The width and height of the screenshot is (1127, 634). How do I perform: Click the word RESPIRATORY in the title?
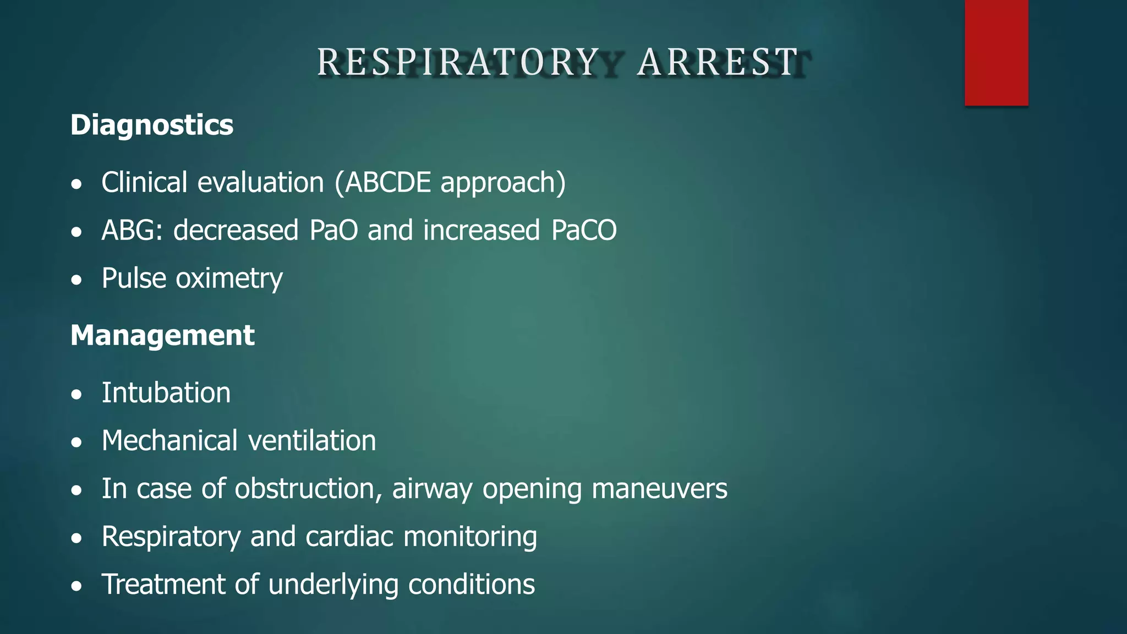[458, 62]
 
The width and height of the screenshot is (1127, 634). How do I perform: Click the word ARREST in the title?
[718, 62]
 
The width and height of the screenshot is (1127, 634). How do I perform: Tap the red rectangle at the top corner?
[996, 52]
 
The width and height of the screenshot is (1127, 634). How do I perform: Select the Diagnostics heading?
[152, 125]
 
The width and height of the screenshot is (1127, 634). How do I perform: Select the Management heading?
[162, 335]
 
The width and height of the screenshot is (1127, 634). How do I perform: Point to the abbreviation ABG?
[132, 230]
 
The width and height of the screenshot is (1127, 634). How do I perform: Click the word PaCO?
[584, 230]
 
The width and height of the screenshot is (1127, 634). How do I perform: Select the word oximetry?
[229, 278]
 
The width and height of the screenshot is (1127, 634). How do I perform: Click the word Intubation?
[166, 393]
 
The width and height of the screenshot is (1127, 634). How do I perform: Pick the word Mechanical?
[170, 441]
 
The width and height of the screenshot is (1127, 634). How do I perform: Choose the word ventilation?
[312, 441]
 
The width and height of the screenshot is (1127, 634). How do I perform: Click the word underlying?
[333, 584]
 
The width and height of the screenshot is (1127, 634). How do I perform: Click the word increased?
[482, 230]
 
